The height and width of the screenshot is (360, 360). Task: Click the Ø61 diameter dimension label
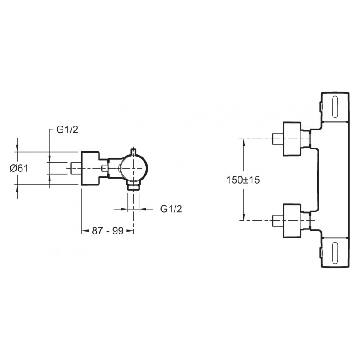pyautogui.click(x=19, y=168)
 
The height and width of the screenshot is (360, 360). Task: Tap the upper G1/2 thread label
pyautogui.click(x=67, y=130)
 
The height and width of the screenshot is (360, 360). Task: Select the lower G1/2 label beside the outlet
pyautogui.click(x=171, y=209)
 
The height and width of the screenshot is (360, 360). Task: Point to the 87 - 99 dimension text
pyautogui.click(x=108, y=231)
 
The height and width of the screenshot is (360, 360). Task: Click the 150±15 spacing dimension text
pyautogui.click(x=243, y=180)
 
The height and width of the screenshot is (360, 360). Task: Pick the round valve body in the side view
pyautogui.click(x=134, y=168)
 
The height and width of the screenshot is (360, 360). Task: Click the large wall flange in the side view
pyautogui.click(x=90, y=168)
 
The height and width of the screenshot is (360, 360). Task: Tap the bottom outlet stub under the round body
pyautogui.click(x=133, y=186)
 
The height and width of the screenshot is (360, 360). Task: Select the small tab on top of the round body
pyautogui.click(x=133, y=152)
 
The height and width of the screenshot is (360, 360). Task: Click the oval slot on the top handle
pyautogui.click(x=335, y=107)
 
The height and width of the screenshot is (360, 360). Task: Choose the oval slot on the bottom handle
pyautogui.click(x=335, y=252)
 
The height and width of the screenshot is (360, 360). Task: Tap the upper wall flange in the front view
pyautogui.click(x=292, y=139)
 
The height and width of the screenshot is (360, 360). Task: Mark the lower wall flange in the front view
pyautogui.click(x=292, y=221)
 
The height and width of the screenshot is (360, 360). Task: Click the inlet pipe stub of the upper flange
pyautogui.click(x=278, y=139)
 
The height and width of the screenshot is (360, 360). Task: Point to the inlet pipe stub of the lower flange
pyautogui.click(x=278, y=221)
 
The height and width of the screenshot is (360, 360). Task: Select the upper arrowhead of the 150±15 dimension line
pyautogui.click(x=244, y=142)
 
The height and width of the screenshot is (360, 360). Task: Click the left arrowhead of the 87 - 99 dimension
pyautogui.click(x=85, y=231)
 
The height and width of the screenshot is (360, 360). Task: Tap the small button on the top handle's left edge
pyautogui.click(x=321, y=107)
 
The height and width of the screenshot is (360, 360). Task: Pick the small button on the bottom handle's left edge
pyautogui.click(x=321, y=252)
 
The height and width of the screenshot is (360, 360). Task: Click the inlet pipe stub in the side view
pyautogui.click(x=76, y=168)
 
